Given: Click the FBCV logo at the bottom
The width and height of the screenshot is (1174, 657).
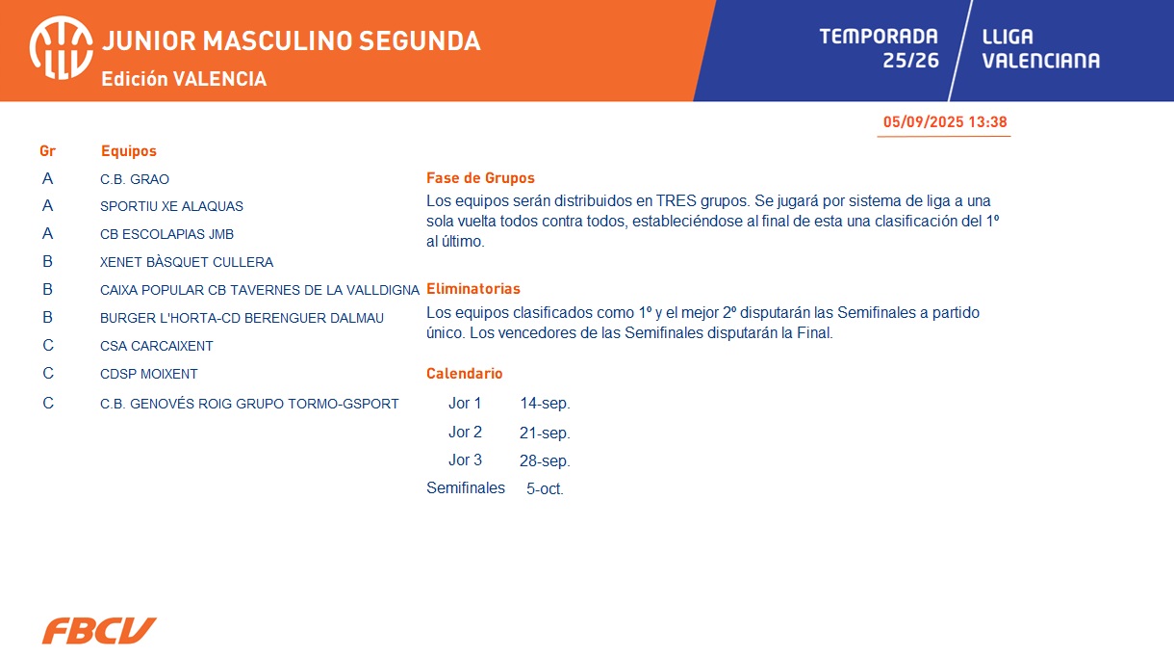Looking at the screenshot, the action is (x=99, y=630).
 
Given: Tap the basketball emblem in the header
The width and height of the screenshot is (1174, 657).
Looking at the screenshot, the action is (x=62, y=48).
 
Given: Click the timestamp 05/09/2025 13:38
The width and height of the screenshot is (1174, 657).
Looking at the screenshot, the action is (x=945, y=122).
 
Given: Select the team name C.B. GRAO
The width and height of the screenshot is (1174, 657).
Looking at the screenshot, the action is (x=135, y=179).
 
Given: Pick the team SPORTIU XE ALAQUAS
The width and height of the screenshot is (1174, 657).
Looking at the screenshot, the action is (x=171, y=206).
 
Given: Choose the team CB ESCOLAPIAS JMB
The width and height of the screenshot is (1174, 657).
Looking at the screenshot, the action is (x=166, y=234).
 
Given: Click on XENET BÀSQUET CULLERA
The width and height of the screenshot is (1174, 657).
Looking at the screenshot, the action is (x=187, y=262).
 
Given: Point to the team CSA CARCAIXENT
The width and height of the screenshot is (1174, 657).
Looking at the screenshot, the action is (x=157, y=346).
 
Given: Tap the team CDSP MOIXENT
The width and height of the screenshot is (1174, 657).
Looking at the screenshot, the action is (x=149, y=374).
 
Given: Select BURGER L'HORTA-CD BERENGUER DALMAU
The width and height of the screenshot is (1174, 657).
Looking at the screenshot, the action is (x=242, y=318).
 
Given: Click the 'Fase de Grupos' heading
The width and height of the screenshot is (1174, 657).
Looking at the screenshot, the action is (x=480, y=178).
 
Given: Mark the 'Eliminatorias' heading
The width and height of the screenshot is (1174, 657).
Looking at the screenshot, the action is (x=472, y=289).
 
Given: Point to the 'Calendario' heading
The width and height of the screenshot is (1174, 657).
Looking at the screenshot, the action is (x=464, y=373).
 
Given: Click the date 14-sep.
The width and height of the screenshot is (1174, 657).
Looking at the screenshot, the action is (x=545, y=404).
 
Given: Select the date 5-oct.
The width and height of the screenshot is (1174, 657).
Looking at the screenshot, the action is (x=545, y=489).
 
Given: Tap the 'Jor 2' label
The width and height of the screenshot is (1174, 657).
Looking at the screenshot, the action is (x=465, y=432).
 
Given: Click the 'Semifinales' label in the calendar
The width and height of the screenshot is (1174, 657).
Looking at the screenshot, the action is (x=466, y=488).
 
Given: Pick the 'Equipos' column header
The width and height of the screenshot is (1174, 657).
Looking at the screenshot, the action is (x=128, y=151).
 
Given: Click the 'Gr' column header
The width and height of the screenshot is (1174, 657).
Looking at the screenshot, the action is (x=47, y=151).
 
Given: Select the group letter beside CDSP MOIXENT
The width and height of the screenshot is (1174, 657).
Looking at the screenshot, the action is (x=48, y=373).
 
